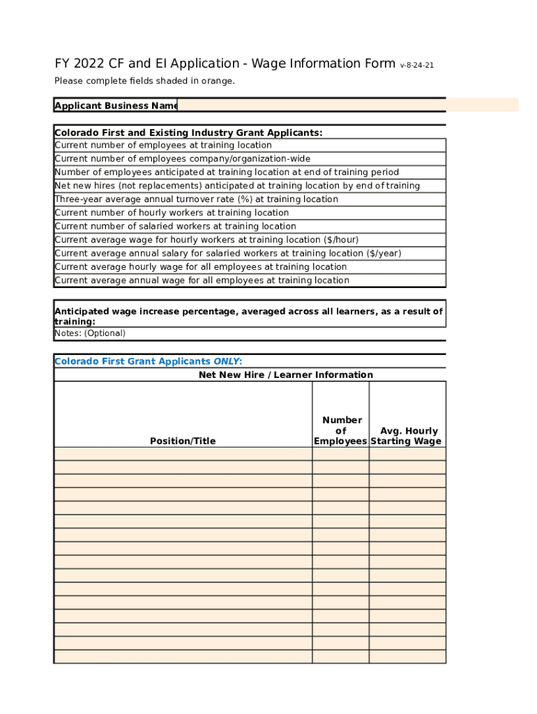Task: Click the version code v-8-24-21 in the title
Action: (417, 66)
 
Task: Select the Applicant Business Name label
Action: (116, 106)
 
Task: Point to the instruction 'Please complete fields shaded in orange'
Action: (145, 81)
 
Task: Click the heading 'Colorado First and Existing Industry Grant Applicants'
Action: (188, 132)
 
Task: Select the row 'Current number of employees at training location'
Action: (163, 146)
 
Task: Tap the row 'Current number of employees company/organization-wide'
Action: (183, 159)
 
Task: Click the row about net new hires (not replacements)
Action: (237, 186)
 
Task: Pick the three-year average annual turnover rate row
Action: (196, 199)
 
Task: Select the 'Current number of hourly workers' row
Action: (172, 213)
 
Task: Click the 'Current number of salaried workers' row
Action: (175, 227)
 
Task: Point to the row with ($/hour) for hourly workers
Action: (206, 240)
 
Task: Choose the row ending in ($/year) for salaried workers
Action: (228, 254)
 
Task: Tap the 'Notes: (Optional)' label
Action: (90, 333)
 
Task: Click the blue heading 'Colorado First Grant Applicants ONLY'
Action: (149, 361)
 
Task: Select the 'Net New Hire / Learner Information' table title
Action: (286, 375)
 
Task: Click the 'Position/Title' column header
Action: (183, 441)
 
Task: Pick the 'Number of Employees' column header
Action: (340, 430)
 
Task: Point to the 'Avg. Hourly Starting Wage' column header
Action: (407, 436)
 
